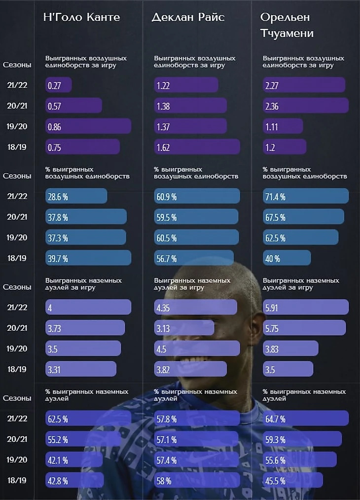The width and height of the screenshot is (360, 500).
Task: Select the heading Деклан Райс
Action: [x=188, y=17]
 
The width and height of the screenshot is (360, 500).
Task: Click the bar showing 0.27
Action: [x=59, y=85]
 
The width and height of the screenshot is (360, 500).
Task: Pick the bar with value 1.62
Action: [x=197, y=147]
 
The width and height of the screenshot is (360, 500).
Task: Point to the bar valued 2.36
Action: [x=306, y=106]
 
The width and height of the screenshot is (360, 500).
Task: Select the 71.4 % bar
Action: [x=306, y=196]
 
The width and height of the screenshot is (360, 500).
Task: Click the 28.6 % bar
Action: [x=76, y=196]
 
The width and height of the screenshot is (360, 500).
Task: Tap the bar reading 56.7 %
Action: [x=194, y=258]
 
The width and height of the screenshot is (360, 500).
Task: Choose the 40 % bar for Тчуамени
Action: [x=287, y=258]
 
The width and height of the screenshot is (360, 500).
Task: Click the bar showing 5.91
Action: [x=306, y=307]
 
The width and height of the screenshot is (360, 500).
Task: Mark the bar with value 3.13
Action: [x=184, y=328]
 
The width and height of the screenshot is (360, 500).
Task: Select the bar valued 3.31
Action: [x=81, y=369]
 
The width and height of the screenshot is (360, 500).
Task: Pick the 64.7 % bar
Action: [x=306, y=419]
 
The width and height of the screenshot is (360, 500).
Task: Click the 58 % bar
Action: [x=197, y=480]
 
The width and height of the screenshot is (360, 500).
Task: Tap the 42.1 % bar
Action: [x=74, y=460]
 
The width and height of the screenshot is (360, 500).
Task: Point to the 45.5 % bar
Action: [x=293, y=480]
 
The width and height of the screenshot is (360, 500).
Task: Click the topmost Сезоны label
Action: [x=17, y=65]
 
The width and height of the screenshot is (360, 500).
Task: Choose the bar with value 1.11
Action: [x=283, y=126]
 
